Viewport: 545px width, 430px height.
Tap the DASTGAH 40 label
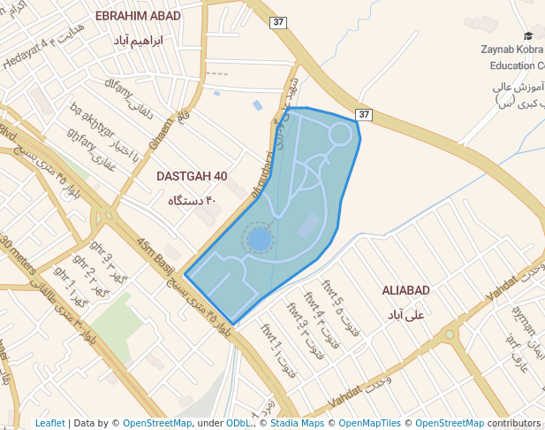point(192,176)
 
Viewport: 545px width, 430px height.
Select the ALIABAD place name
point(405,291)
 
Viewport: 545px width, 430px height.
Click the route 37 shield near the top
point(279,21)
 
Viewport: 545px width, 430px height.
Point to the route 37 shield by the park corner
point(364,115)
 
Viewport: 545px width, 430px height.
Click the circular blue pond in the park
point(259,240)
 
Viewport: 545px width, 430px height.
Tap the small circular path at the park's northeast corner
point(339,134)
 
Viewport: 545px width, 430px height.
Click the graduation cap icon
point(528,36)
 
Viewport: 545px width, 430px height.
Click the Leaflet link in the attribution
point(50,423)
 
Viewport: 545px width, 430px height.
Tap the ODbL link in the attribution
point(238,423)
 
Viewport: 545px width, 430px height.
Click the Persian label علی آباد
point(406,314)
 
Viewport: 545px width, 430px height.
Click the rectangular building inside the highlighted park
point(310,226)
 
